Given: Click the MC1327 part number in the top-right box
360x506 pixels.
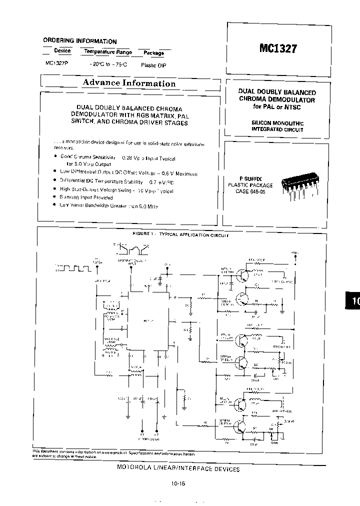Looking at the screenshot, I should tap(278, 49).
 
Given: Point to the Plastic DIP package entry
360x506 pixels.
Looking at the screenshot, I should tap(153, 65).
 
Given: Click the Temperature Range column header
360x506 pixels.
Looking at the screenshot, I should tap(107, 52).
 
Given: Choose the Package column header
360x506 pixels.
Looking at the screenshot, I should tap(153, 52).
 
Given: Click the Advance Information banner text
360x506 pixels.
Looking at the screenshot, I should tap(129, 83).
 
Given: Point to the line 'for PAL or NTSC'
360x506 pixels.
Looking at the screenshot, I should tap(277, 107).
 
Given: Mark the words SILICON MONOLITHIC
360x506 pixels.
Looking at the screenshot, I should tap(277, 122).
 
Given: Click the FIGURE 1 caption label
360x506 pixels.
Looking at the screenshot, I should tap(143, 234).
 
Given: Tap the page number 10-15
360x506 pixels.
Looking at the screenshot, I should tap(178, 483).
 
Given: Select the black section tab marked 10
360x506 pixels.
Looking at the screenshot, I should tap(352, 301).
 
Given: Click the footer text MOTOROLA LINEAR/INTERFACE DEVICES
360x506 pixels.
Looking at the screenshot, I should tap(178, 469).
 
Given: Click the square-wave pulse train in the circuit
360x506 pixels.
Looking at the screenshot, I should tap(73, 269).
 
